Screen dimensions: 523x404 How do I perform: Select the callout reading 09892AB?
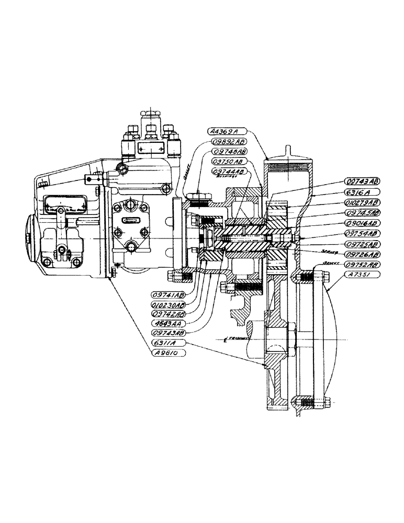(230, 141)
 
